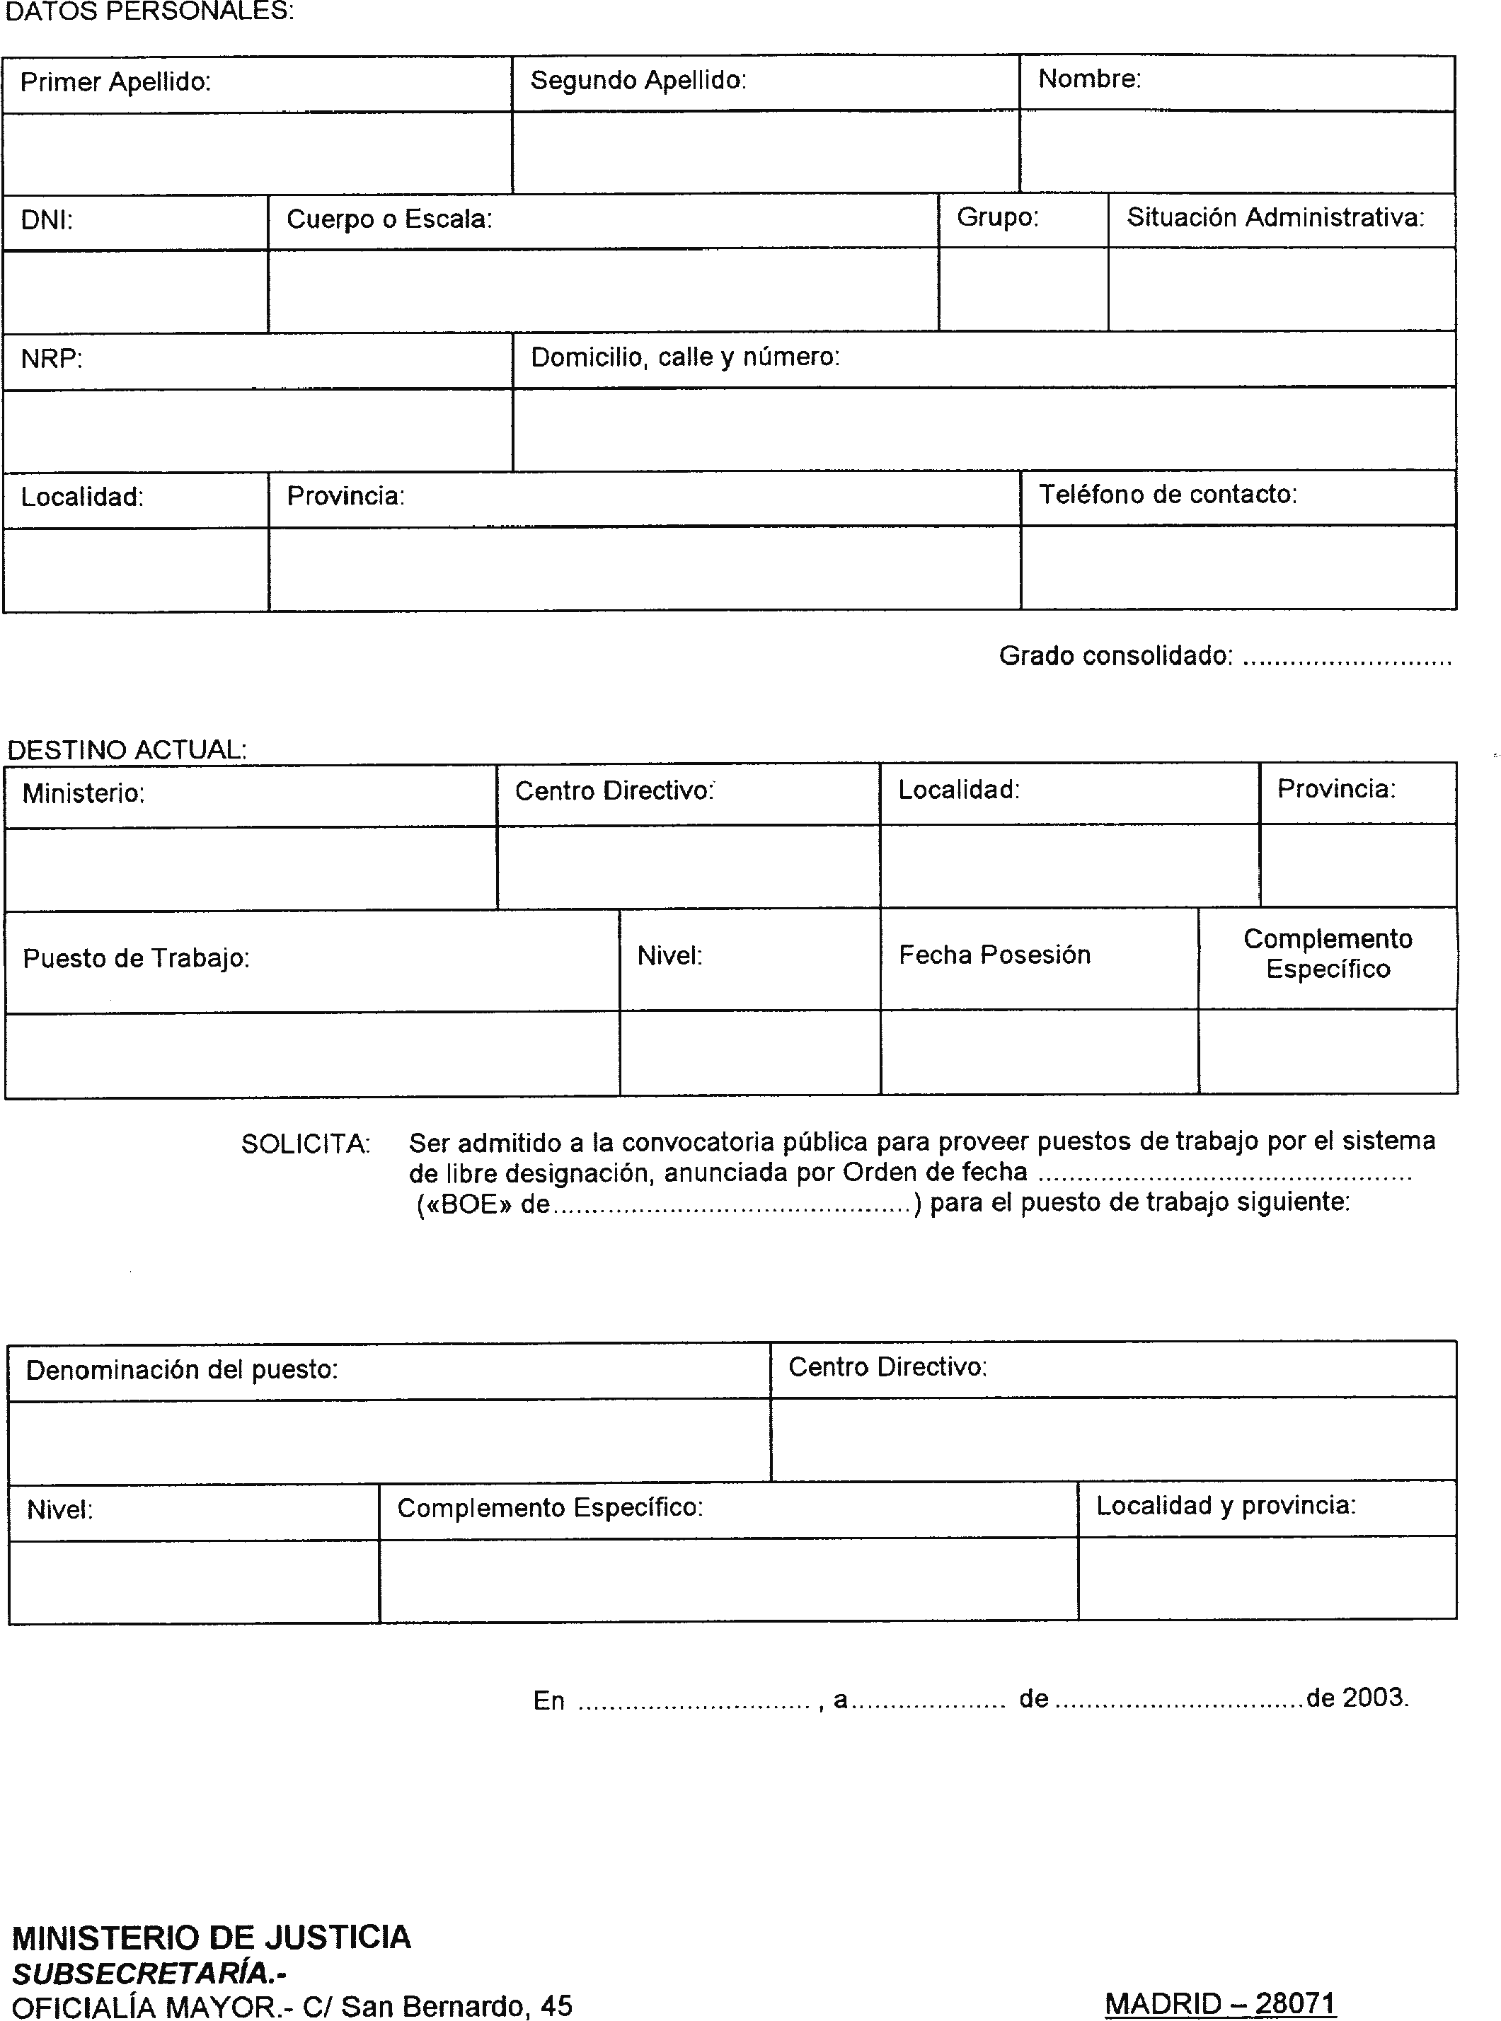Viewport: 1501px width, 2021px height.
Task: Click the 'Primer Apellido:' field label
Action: [x=115, y=83]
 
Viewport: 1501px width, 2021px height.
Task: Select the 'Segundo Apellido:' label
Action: [x=638, y=81]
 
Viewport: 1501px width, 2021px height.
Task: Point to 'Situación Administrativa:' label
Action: [x=1275, y=218]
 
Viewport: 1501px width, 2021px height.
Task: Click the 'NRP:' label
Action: [x=52, y=359]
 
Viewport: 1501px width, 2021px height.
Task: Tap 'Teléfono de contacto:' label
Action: [x=1168, y=495]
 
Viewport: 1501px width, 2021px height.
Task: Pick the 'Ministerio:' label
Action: [x=84, y=794]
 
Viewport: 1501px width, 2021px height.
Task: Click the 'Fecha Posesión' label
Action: [x=994, y=955]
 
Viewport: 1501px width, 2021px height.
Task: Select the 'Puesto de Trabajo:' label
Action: [x=137, y=958]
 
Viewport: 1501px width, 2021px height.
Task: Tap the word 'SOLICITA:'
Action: [x=305, y=1144]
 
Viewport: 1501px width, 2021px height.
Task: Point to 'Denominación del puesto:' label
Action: [x=182, y=1370]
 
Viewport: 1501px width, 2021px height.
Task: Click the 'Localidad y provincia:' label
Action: [x=1226, y=1506]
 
